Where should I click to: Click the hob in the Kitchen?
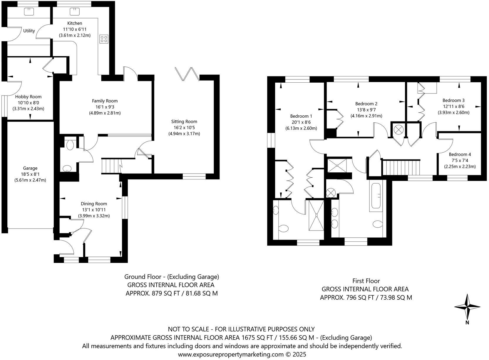click(x=104, y=39)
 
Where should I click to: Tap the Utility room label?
click(x=29, y=31)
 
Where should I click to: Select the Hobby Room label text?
click(x=29, y=97)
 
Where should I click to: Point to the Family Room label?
click(x=105, y=101)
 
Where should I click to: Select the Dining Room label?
click(x=94, y=204)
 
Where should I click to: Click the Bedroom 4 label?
click(x=460, y=154)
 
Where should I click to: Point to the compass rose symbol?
click(x=467, y=307)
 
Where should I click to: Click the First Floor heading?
click(x=366, y=281)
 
